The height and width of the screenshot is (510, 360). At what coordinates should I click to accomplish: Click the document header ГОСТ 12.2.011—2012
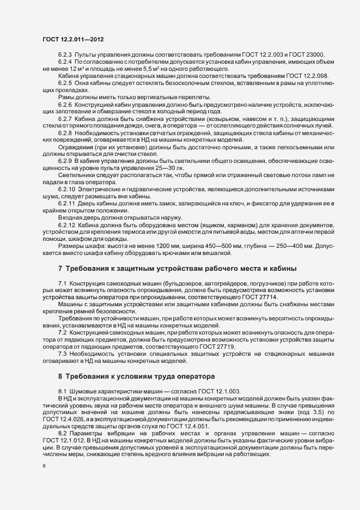(73, 39)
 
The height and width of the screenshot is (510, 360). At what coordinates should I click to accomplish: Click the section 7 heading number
(60, 268)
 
